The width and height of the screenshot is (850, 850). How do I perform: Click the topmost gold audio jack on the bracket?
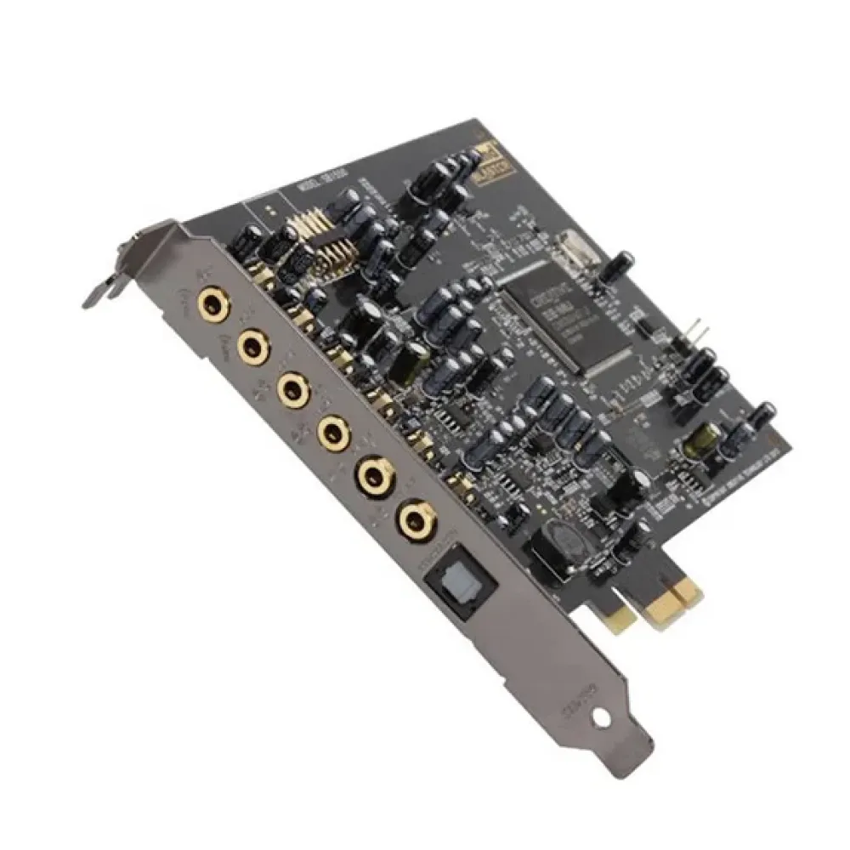[210, 302]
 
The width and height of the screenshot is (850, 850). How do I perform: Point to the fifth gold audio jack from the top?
[373, 476]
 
